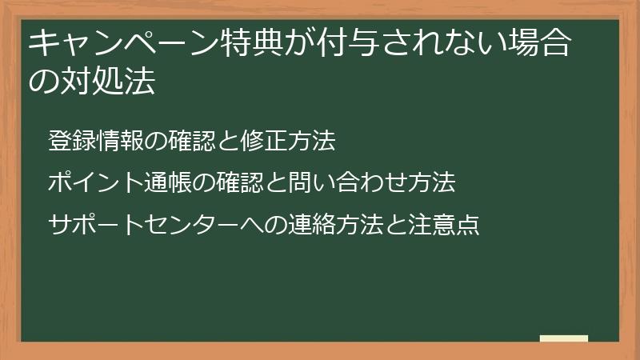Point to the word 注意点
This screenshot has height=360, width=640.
pos(443,225)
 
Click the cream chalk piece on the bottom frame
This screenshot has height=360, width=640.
pos(564,339)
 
